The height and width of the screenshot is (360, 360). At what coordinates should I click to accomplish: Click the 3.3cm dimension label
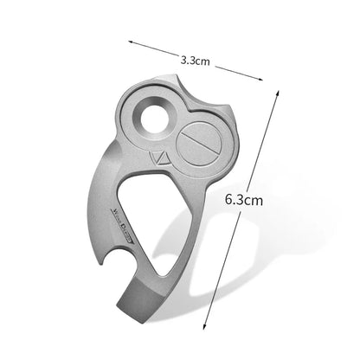point(195,61)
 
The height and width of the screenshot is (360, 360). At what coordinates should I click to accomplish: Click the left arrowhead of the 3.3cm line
point(128,40)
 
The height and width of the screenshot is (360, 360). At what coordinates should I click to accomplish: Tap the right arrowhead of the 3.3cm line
point(262,80)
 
